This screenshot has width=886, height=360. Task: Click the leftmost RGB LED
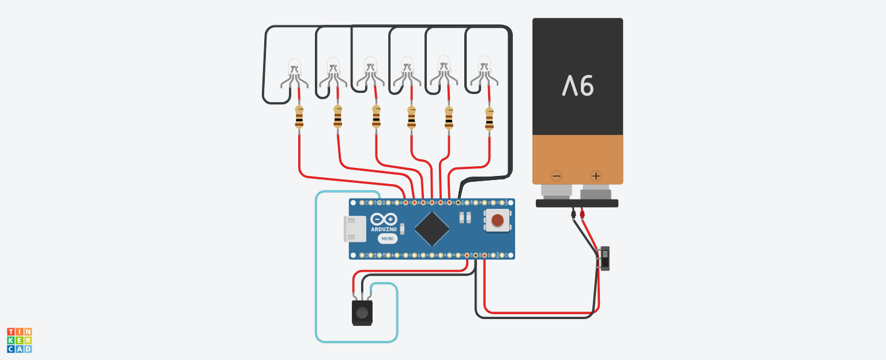[294, 73]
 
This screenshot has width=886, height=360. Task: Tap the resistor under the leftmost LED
[299, 117]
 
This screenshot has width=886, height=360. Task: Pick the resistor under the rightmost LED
[489, 119]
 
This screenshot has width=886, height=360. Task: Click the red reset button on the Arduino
[497, 220]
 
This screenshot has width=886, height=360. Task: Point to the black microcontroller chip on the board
[432, 228]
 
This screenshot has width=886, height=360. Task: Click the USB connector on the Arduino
[355, 228]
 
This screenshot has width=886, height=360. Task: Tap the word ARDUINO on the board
[384, 230]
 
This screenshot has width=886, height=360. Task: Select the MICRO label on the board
[388, 238]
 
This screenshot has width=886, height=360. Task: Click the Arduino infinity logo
[384, 219]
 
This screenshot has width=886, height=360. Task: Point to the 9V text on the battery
[578, 86]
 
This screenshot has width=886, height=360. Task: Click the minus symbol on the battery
[557, 175]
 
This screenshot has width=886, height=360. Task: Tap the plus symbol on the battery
[596, 175]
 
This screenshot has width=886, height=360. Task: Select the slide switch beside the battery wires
[604, 258]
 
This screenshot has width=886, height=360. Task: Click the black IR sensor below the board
[362, 313]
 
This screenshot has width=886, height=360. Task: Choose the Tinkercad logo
[20, 340]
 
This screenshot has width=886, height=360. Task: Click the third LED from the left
[370, 72]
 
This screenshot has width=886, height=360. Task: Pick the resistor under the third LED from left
[376, 117]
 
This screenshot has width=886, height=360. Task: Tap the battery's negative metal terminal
[557, 192]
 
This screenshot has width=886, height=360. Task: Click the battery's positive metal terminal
[596, 192]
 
